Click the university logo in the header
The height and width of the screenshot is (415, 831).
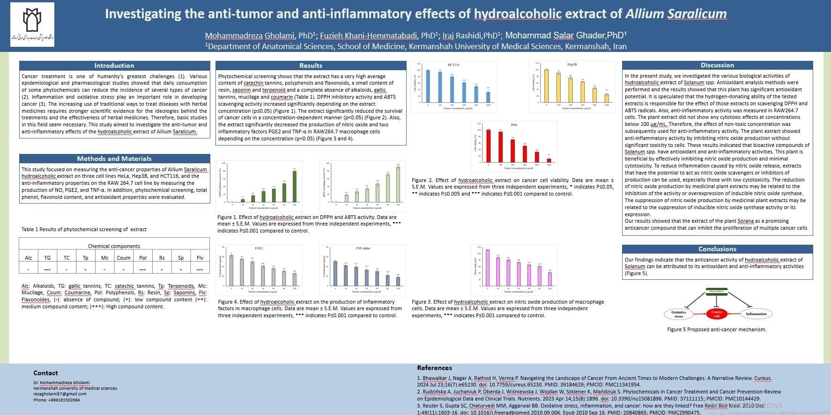click(x=32, y=24)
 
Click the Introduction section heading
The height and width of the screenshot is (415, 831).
click(x=114, y=66)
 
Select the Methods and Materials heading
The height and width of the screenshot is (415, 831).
click(x=114, y=159)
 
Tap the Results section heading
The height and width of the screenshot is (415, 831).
click(x=311, y=66)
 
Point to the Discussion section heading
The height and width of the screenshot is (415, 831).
click(x=717, y=65)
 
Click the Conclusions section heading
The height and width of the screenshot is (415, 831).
click(x=717, y=249)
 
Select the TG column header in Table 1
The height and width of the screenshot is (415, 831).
click(x=47, y=258)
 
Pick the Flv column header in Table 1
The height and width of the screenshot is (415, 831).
click(x=200, y=258)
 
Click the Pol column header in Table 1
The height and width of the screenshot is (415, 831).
click(x=143, y=258)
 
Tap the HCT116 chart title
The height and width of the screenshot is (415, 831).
click(x=453, y=65)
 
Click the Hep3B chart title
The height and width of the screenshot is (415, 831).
click(x=572, y=65)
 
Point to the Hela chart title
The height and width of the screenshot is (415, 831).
click(x=514, y=125)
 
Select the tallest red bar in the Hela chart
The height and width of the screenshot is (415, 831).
click(x=489, y=146)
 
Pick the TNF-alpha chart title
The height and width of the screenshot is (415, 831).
click(x=363, y=248)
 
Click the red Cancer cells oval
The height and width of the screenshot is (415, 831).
click(x=717, y=313)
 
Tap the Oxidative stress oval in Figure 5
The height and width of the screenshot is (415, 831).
click(x=678, y=314)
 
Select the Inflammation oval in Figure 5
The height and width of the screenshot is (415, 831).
click(x=756, y=314)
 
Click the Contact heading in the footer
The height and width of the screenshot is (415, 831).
click(x=45, y=373)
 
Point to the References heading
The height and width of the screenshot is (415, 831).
click(x=434, y=368)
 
